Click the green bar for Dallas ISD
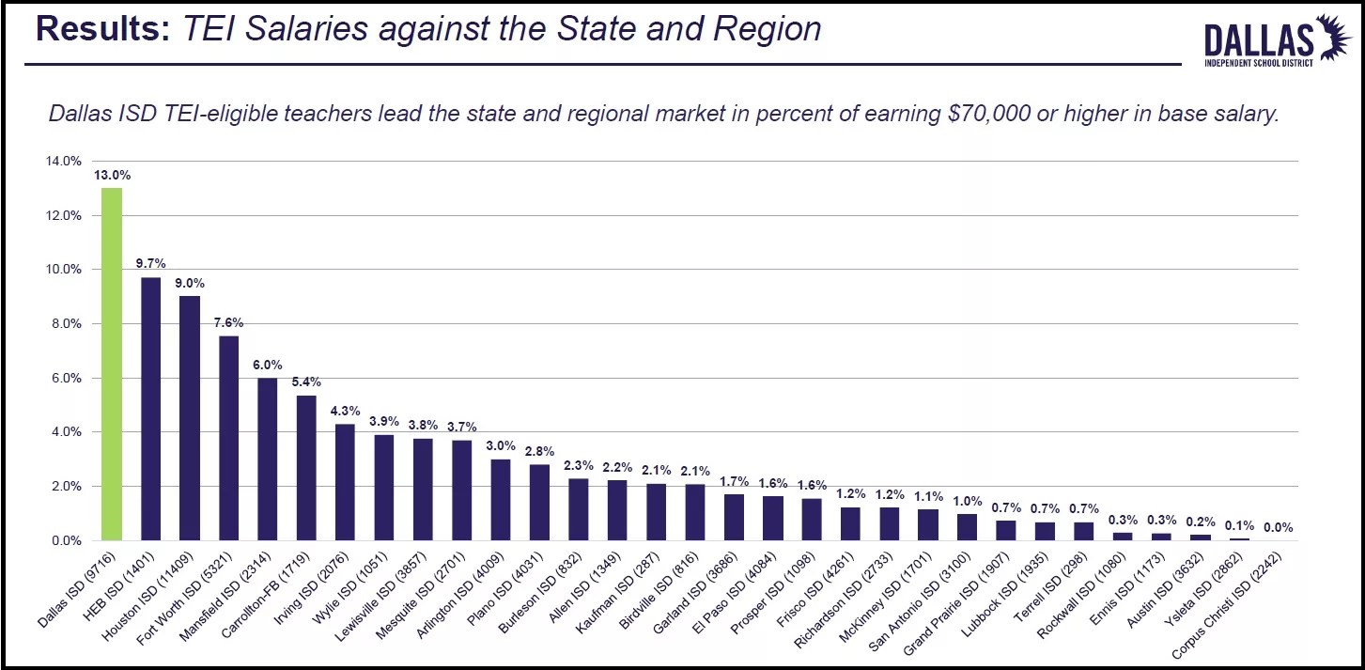tap(112, 365)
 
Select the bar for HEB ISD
tap(150, 409)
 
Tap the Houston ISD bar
tap(190, 418)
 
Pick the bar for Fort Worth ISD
tap(228, 438)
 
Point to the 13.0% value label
tap(112, 175)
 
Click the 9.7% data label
tap(150, 264)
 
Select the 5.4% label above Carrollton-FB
tap(306, 382)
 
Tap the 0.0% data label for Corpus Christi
tap(1277, 527)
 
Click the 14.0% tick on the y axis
tap(64, 162)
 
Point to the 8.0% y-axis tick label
tap(64, 324)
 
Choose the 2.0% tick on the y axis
tap(64, 487)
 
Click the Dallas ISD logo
tap(1272, 40)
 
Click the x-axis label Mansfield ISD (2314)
tap(231, 591)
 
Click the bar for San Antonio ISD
tap(968, 527)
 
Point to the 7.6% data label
tap(228, 320)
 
